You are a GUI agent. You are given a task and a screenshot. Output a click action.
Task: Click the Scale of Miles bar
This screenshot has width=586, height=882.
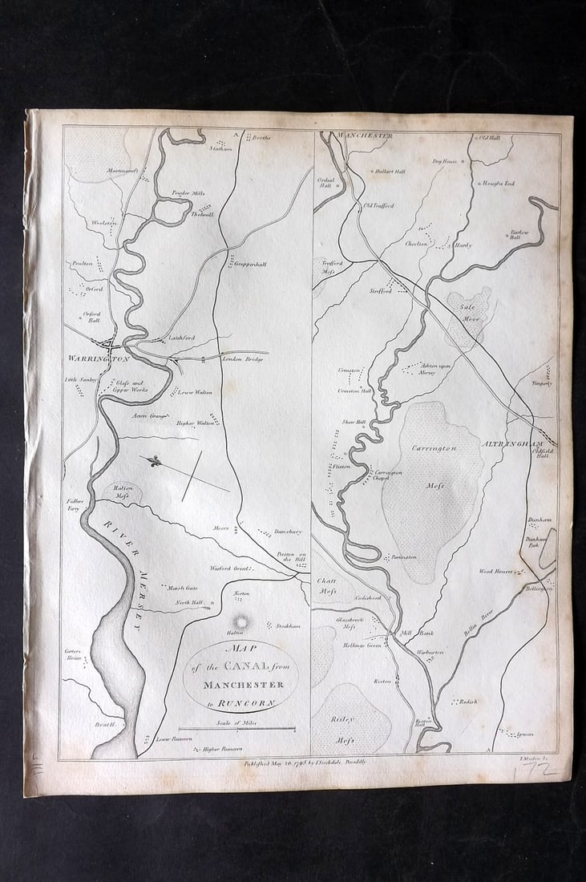click(x=236, y=729)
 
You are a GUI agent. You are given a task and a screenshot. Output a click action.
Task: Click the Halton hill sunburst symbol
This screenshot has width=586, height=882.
click(x=240, y=622)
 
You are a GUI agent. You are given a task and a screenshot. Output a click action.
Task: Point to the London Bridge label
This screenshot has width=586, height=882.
click(x=243, y=358)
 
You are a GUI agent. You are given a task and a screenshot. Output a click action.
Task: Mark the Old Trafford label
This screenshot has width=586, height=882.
click(x=379, y=206)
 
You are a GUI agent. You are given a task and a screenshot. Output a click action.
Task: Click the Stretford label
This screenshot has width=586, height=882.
click(x=382, y=292)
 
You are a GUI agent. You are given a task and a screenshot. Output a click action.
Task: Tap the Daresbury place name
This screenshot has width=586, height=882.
click(x=287, y=531)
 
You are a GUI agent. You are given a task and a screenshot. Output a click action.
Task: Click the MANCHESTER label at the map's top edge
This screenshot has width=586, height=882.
click(x=365, y=136)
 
